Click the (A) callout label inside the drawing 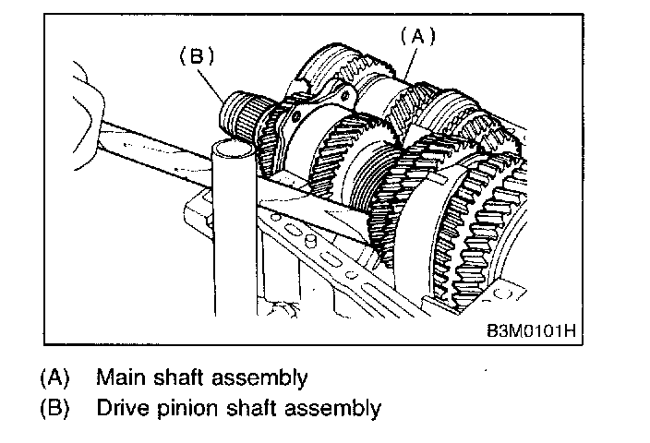tap(415, 36)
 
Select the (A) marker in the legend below tap(55, 377)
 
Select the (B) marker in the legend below tap(55, 407)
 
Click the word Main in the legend tap(117, 377)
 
